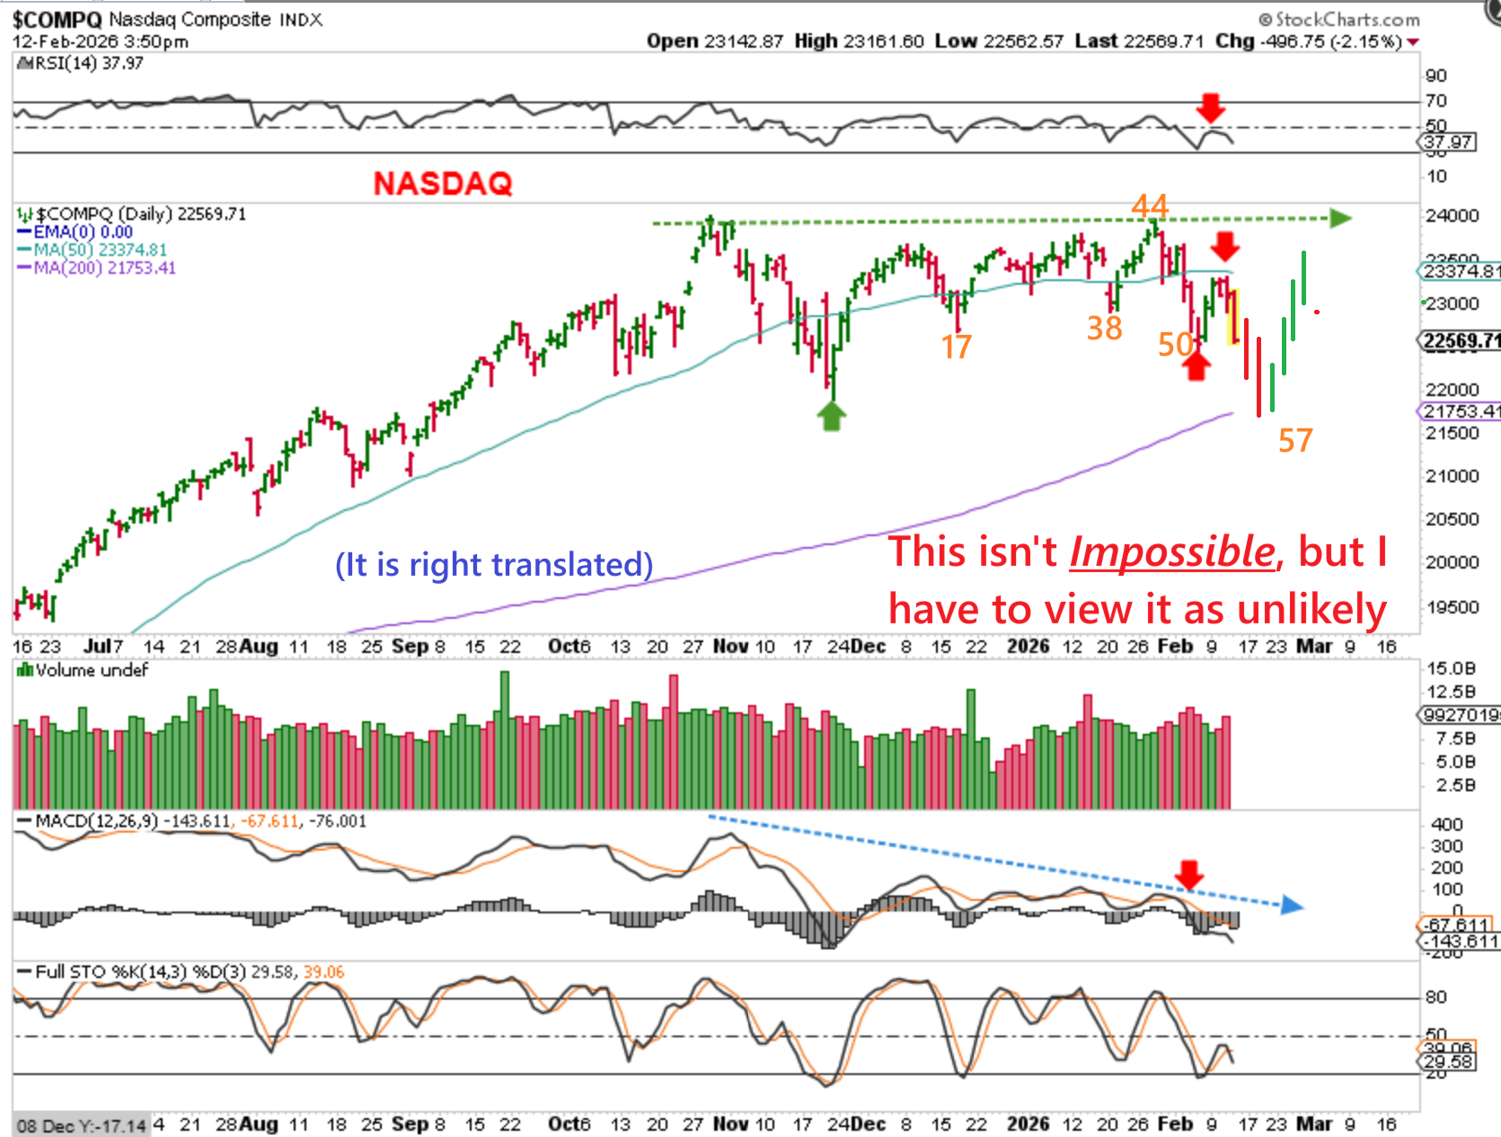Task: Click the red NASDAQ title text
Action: click(443, 183)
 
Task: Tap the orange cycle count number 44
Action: click(1150, 206)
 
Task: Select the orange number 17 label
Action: click(956, 347)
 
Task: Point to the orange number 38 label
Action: click(1104, 328)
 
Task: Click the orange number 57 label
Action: click(1295, 440)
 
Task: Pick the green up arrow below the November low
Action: click(832, 416)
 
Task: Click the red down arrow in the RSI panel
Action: click(1210, 108)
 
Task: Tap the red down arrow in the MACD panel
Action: click(1189, 874)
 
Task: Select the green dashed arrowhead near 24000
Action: click(1340, 218)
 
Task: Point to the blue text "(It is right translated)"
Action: click(494, 564)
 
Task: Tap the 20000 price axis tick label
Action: click(1452, 562)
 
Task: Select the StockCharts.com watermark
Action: click(1339, 19)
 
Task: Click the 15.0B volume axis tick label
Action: click(1451, 668)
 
